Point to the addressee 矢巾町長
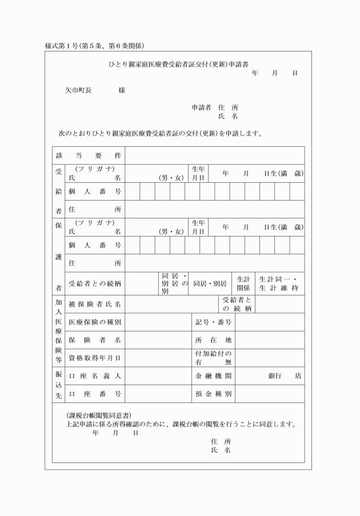[x=78, y=90]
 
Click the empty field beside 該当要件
[x=214, y=155]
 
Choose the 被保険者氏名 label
[x=95, y=304]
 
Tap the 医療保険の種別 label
[x=95, y=322]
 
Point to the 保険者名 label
[x=95, y=340]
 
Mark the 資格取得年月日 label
[x=95, y=358]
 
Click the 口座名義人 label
[x=95, y=376]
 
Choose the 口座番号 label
[x=95, y=394]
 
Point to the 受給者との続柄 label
[x=95, y=283]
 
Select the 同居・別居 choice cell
[x=210, y=283]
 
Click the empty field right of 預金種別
[x=269, y=394]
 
